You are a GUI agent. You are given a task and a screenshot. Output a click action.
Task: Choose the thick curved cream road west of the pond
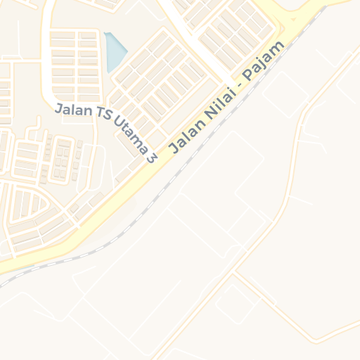[46, 56]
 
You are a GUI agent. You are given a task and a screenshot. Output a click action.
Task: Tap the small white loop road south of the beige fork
[236, 302]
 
